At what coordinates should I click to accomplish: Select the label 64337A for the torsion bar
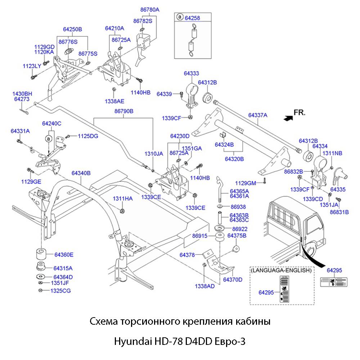click(x=258, y=115)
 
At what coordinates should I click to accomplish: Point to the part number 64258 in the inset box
click(x=192, y=17)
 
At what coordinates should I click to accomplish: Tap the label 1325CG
click(x=60, y=291)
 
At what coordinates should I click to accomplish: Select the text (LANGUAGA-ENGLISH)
click(x=281, y=270)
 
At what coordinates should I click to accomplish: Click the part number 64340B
click(x=81, y=173)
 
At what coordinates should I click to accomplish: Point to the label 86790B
click(x=124, y=111)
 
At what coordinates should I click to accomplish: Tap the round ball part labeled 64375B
click(x=236, y=249)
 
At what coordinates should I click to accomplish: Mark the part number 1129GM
click(x=246, y=183)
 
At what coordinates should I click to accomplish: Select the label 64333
click(x=191, y=73)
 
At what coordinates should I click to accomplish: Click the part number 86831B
click(x=339, y=212)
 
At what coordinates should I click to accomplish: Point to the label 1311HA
click(x=123, y=198)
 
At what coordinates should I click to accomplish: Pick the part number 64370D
click(x=233, y=279)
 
